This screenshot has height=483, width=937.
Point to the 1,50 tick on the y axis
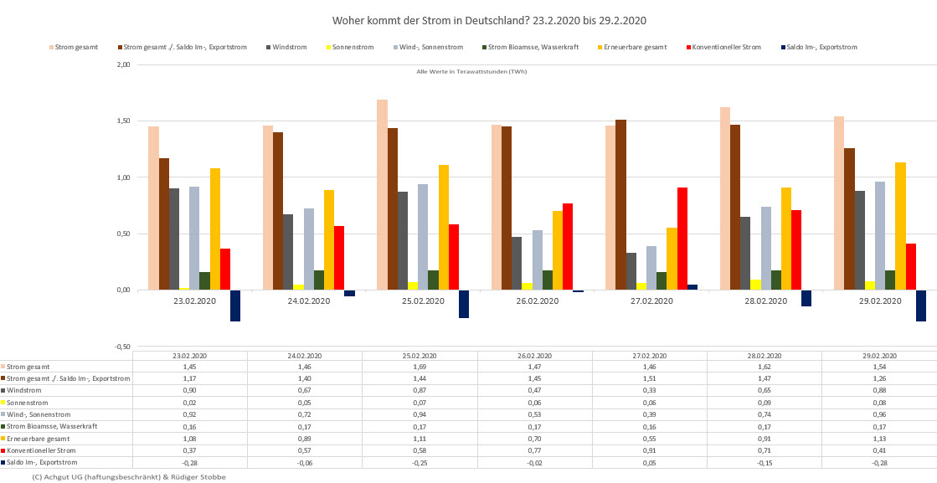(x=122, y=121)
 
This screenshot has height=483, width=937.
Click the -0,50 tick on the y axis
(x=121, y=346)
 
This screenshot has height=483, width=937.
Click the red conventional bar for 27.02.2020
(x=682, y=239)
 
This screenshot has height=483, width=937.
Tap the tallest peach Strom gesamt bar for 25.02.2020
(x=382, y=194)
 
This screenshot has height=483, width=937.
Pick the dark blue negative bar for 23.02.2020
(x=235, y=306)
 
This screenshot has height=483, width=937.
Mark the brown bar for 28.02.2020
(x=734, y=207)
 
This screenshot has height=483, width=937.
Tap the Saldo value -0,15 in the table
(x=765, y=462)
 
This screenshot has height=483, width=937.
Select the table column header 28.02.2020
(x=765, y=356)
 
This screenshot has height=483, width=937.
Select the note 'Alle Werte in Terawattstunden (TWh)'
(x=471, y=71)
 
